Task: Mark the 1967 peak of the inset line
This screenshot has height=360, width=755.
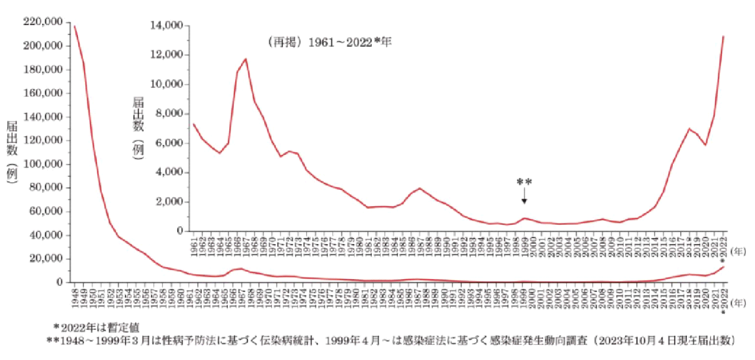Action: pyautogui.click(x=246, y=59)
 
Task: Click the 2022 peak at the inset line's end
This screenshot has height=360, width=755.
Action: pyautogui.click(x=723, y=36)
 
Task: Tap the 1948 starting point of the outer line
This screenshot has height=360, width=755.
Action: pyautogui.click(x=74, y=26)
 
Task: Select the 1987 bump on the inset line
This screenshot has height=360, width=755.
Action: pyautogui.click(x=420, y=188)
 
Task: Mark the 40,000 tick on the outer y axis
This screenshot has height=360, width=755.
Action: pyautogui.click(x=46, y=235)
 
